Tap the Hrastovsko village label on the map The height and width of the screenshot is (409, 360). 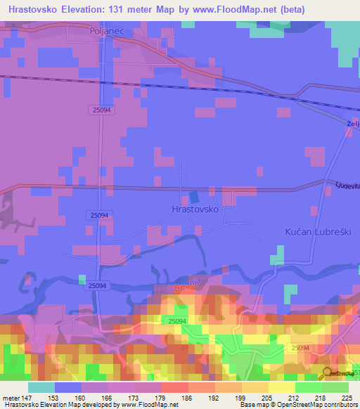point(195,209)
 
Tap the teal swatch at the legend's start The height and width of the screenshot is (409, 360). point(41,387)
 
